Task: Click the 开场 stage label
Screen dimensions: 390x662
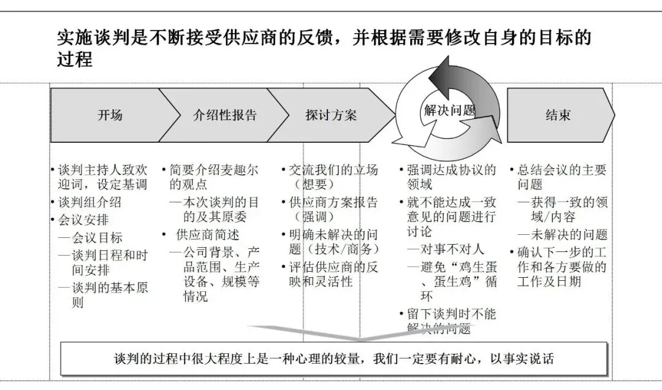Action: tap(110, 115)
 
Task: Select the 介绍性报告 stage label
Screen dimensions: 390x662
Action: tap(225, 115)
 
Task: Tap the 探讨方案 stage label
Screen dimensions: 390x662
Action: tap(331, 115)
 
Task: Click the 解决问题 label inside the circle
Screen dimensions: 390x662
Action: tap(449, 110)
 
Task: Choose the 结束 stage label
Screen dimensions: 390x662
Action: tap(558, 115)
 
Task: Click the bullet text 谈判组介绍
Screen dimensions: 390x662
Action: tap(89, 202)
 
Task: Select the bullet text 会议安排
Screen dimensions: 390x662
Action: tap(82, 220)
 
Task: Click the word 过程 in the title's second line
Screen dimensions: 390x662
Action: tap(75, 59)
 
